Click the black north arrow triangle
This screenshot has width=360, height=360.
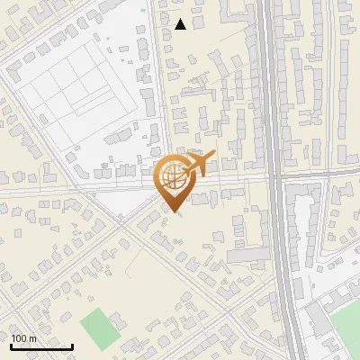180,24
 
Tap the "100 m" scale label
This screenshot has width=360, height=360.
23,338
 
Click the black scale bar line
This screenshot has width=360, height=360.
41,347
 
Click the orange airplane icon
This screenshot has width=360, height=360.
198,165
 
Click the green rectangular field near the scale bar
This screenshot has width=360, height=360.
99,328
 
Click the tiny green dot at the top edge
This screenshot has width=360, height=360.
142,10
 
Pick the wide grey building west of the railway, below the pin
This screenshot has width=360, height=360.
242,256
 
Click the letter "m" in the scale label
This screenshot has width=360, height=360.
31,338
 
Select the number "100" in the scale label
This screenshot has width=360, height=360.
19,338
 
